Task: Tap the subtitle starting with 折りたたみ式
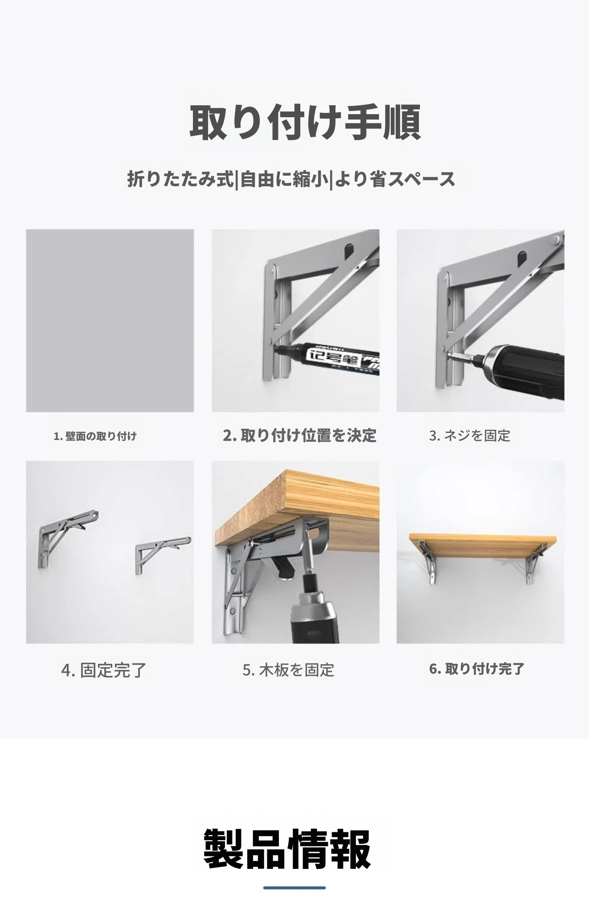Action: (291, 179)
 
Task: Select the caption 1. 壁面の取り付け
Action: (95, 436)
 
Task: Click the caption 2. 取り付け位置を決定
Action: (299, 435)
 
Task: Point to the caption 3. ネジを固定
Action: (470, 436)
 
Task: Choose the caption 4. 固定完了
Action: (104, 670)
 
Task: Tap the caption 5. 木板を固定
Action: (288, 670)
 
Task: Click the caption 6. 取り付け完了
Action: (477, 669)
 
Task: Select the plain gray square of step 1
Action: (110, 321)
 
